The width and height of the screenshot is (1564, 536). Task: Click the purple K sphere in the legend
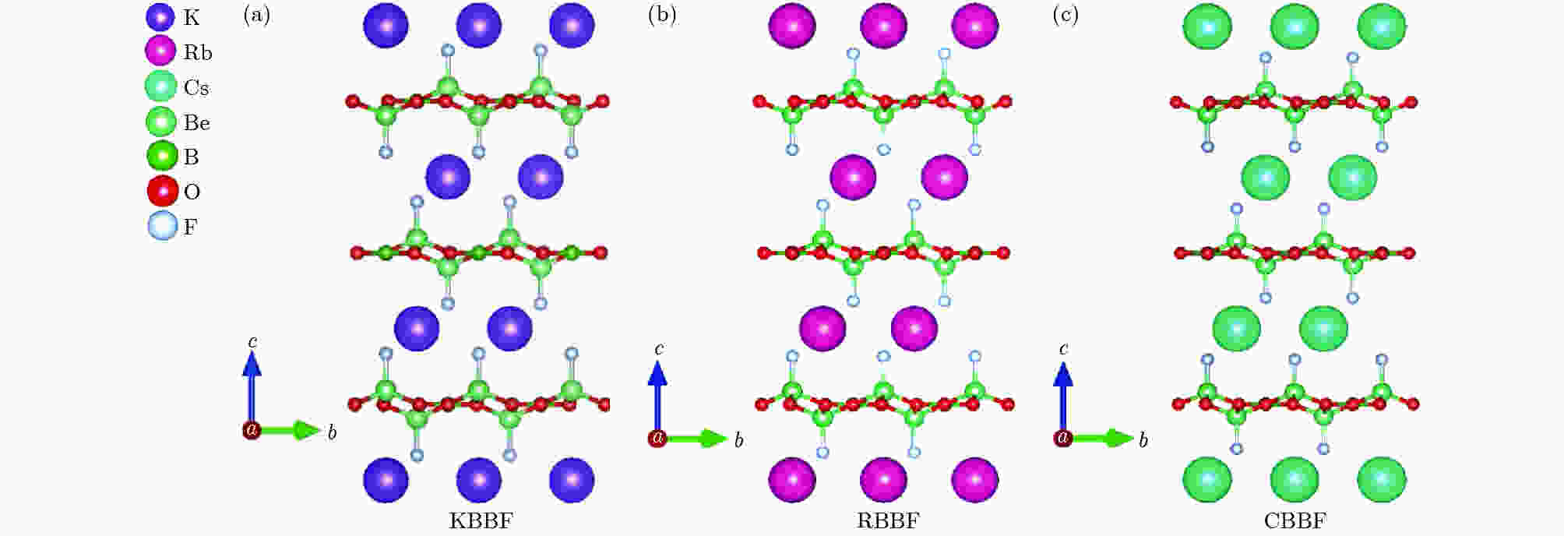click(x=160, y=17)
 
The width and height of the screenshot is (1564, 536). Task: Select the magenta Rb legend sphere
click(x=160, y=51)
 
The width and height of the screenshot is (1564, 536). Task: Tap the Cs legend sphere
click(x=160, y=86)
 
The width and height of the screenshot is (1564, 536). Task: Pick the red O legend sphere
click(x=162, y=192)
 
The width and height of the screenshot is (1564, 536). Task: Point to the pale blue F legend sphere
click(x=162, y=227)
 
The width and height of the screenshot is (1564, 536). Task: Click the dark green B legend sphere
click(x=162, y=157)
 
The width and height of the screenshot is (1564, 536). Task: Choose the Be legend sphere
click(x=161, y=122)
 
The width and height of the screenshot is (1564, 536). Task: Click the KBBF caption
click(x=481, y=521)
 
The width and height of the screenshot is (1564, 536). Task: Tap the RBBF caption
click(x=888, y=521)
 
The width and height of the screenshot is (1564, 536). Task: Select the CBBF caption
click(x=1295, y=521)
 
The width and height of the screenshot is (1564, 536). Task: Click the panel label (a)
click(x=257, y=15)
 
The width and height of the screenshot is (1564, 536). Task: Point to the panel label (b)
click(x=662, y=15)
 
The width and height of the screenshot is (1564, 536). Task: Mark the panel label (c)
click(x=1066, y=15)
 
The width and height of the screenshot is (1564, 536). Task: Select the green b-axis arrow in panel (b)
click(x=694, y=439)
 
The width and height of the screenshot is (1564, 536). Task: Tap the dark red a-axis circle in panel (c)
click(x=1062, y=438)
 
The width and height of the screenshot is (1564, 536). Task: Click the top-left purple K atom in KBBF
click(x=386, y=25)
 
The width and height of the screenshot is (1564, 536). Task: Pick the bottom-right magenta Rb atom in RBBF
click(x=974, y=479)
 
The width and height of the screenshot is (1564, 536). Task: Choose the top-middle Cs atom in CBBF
click(x=1295, y=26)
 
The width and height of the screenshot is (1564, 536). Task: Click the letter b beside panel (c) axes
click(x=1143, y=441)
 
